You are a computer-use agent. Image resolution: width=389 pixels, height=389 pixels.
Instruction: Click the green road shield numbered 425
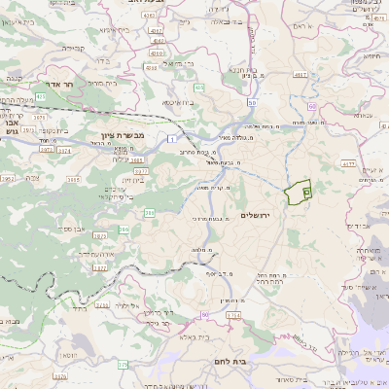pos(198,88)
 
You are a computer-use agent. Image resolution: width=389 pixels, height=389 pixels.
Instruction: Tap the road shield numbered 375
pos(123,365)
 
